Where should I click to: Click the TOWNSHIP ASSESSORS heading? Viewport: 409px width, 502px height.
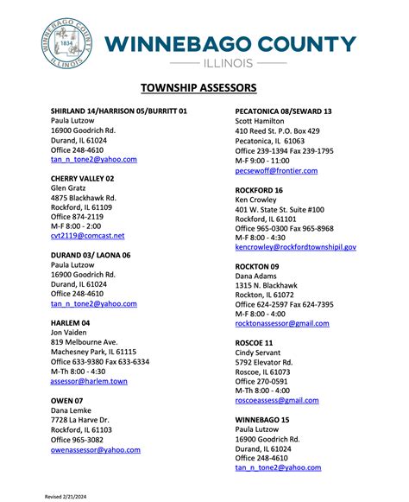click(204, 87)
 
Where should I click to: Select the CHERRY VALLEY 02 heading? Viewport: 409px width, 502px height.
click(83, 178)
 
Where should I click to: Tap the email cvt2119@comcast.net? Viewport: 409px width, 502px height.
click(87, 235)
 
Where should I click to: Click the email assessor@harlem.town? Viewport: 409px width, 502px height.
click(89, 380)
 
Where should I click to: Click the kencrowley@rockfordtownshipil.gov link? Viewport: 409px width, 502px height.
click(296, 246)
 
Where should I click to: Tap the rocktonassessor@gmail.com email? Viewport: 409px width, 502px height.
click(282, 323)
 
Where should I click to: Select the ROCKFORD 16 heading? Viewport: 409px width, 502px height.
click(259, 189)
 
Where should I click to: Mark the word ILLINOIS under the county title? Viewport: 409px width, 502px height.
click(228, 63)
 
